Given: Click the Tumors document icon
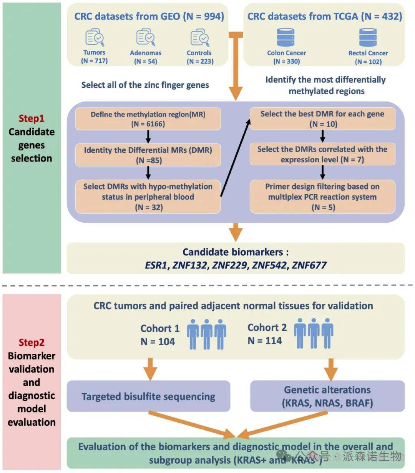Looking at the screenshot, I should pyautogui.click(x=95, y=38).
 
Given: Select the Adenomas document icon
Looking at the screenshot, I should pyautogui.click(x=146, y=37).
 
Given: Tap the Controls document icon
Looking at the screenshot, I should pyautogui.click(x=199, y=38).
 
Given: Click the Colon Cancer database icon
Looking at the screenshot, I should pyautogui.click(x=286, y=37).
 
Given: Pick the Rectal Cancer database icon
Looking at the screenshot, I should pyautogui.click(x=368, y=37).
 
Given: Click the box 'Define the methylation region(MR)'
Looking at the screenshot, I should pyautogui.click(x=148, y=119).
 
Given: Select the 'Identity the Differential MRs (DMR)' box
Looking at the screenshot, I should pyautogui.click(x=148, y=155).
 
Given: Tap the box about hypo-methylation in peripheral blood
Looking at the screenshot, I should pyautogui.click(x=148, y=197).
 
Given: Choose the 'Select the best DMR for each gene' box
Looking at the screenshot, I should pyautogui.click(x=322, y=119).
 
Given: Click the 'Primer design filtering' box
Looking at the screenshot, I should pyautogui.click(x=322, y=197).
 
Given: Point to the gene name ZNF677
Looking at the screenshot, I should pyautogui.click(x=309, y=265).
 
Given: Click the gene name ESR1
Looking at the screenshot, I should pyautogui.click(x=156, y=265).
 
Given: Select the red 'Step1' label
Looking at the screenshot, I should pyautogui.click(x=32, y=118).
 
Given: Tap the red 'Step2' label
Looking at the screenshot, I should pyautogui.click(x=32, y=342).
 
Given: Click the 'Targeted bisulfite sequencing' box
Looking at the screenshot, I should pyautogui.click(x=148, y=396).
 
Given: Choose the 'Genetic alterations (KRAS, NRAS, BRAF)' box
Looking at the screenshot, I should pyautogui.click(x=327, y=396).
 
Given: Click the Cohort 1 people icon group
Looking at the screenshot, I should pyautogui.click(x=206, y=334).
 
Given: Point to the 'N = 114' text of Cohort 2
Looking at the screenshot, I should pyautogui.click(x=265, y=341).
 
